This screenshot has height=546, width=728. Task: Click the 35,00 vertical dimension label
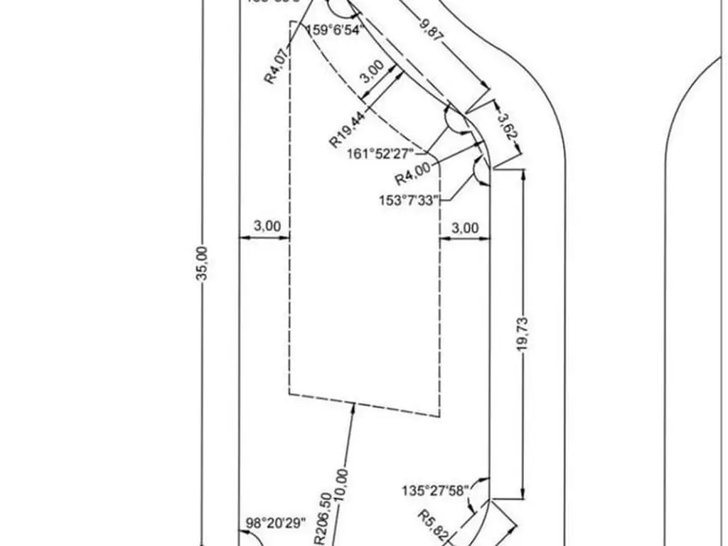(202, 262)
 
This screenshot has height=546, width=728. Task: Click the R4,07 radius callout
(278, 65)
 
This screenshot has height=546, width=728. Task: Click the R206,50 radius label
(321, 518)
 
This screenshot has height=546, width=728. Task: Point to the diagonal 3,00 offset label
(373, 74)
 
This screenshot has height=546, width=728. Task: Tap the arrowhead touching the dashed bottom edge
(354, 406)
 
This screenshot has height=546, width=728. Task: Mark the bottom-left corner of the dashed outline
(289, 395)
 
